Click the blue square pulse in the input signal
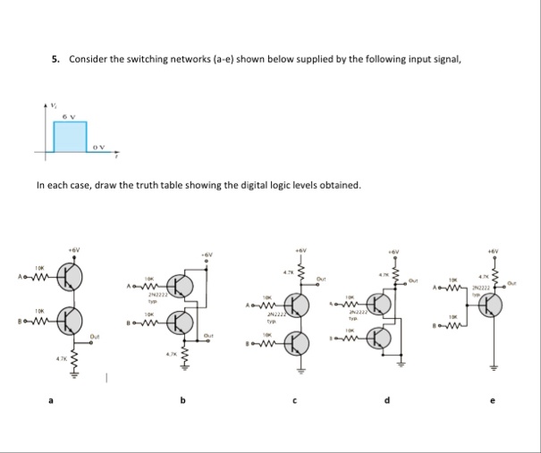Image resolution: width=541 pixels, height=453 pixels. tap(70, 136)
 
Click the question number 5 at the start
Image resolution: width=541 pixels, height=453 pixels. tap(55, 59)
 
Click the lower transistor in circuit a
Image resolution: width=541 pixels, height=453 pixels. tap(70, 317)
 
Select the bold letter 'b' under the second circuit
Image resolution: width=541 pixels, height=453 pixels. tap(183, 399)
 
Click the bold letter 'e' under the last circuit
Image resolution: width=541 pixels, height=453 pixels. tap(490, 399)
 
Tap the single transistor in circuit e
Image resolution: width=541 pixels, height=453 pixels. tap(490, 303)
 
